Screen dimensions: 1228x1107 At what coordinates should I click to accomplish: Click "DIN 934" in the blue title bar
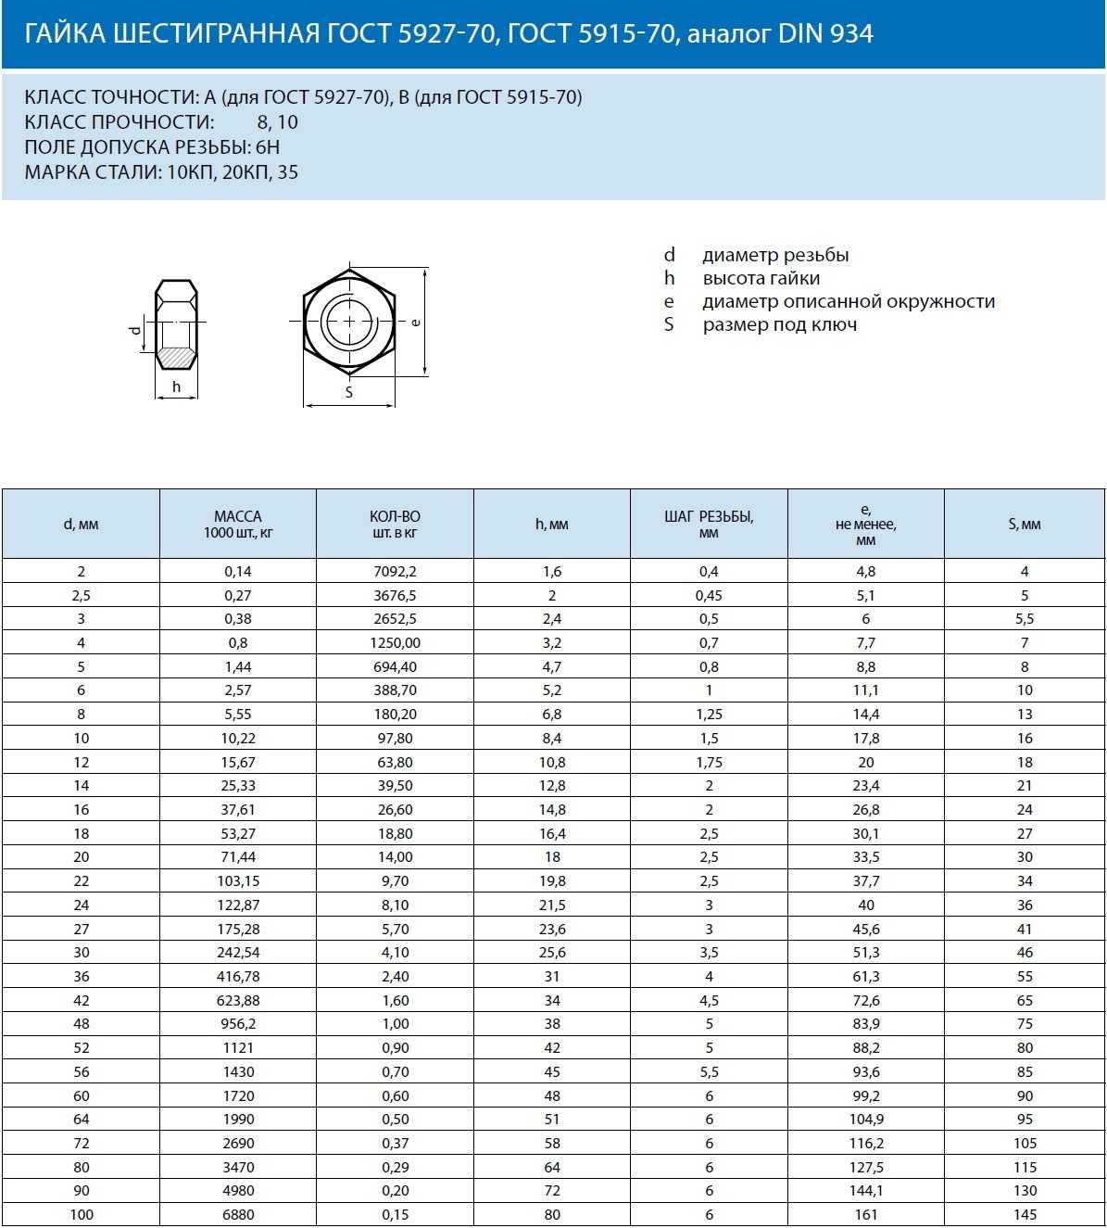(825, 34)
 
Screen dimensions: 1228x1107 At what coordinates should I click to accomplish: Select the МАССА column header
(238, 524)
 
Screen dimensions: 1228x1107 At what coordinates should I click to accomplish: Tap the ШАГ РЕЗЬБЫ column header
(709, 524)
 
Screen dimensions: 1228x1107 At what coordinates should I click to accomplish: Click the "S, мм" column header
(1025, 525)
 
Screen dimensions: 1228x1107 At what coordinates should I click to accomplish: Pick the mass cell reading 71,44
(238, 857)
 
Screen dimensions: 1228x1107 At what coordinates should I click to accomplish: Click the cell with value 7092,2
(396, 572)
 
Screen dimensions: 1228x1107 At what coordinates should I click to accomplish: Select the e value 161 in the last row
(866, 1215)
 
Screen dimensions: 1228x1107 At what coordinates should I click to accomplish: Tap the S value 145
(1025, 1215)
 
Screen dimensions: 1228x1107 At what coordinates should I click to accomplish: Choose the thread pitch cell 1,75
(709, 763)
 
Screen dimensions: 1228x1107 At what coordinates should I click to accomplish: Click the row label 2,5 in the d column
(82, 596)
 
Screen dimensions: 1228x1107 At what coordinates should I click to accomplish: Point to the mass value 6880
(238, 1215)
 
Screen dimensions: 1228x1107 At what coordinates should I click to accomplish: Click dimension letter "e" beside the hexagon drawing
(416, 322)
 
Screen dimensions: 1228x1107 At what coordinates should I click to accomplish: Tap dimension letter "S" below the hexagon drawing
(349, 393)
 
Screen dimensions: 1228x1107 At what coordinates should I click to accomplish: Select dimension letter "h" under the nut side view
(176, 387)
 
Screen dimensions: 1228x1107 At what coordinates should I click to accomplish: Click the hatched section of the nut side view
(176, 356)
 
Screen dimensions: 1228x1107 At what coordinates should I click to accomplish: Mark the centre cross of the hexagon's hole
(349, 322)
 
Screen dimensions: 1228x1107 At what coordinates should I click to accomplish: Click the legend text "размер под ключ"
(779, 325)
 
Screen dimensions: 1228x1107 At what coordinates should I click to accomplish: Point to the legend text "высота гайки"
(761, 279)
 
